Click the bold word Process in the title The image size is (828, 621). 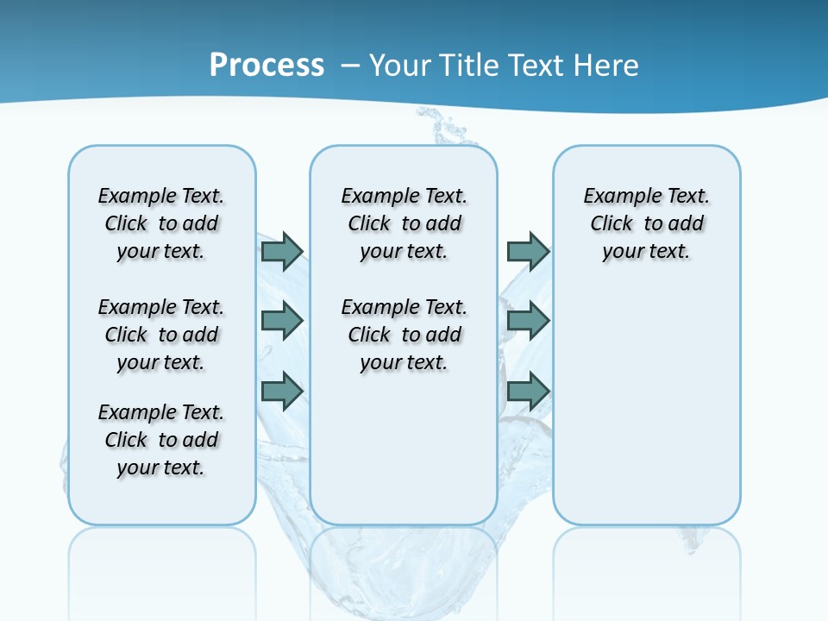tap(267, 66)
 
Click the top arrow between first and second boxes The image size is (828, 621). tap(282, 252)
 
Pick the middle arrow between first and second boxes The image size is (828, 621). tap(282, 321)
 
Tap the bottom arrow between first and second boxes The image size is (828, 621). tap(282, 391)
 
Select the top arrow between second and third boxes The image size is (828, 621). tap(528, 252)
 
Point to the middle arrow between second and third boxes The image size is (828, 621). tap(528, 321)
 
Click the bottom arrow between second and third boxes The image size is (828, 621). tap(528, 391)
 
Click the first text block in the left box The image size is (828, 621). tap(161, 223)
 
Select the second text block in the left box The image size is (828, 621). tap(161, 335)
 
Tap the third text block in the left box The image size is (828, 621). tap(161, 440)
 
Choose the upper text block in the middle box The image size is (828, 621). tap(404, 223)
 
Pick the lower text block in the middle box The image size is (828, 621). tap(404, 335)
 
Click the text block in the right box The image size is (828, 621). tap(646, 223)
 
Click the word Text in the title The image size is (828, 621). tap(538, 66)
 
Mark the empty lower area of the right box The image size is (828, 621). tap(646, 397)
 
